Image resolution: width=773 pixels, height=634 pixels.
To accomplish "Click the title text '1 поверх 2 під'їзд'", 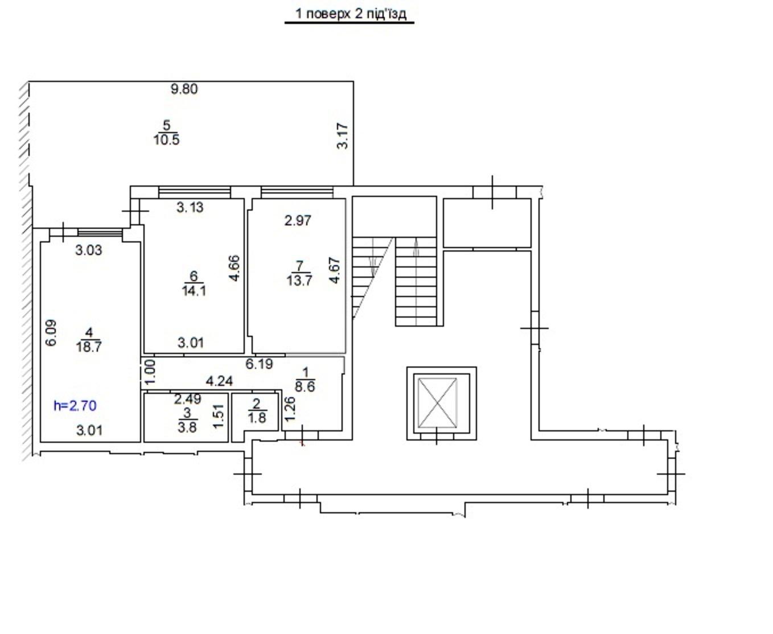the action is (351, 14).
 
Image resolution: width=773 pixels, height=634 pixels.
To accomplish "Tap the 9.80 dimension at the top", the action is (184, 89).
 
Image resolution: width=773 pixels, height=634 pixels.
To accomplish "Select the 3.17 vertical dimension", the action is (343, 136).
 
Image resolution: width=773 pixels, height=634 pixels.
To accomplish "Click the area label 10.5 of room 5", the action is (166, 140).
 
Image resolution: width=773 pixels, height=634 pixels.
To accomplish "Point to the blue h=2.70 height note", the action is (75, 406).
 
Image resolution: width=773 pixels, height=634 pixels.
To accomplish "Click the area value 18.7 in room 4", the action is (89, 347).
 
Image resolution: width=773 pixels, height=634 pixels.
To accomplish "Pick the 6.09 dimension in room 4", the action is (51, 333).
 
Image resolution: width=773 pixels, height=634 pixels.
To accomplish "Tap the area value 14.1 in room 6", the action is (194, 291).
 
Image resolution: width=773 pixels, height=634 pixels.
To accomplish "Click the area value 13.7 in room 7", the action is (299, 281).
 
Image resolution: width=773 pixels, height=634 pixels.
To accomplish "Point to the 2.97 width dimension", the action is (298, 221).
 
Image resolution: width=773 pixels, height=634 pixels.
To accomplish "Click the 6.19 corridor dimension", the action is (259, 364).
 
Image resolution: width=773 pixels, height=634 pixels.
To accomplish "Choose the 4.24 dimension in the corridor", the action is (219, 381).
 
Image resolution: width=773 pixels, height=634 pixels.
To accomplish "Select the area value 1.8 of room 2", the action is (257, 418).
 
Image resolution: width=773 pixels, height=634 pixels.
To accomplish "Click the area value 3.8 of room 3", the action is (187, 427).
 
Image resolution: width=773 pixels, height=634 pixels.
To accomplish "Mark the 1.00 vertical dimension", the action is (150, 372).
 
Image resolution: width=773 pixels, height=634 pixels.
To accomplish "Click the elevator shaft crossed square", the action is (438, 403).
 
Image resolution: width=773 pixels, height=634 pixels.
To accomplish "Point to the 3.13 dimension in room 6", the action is (190, 207).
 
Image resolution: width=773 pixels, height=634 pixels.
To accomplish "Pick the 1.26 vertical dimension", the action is (290, 409).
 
